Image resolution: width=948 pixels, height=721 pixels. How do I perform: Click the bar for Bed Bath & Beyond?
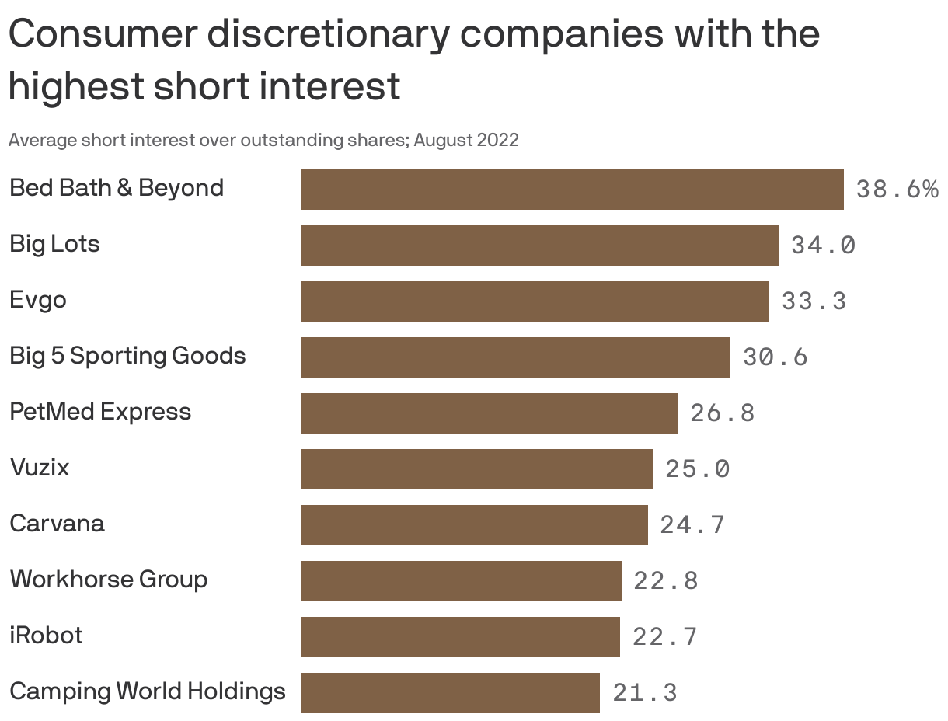coord(572,190)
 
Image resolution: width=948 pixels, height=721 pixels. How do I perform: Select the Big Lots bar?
coord(539,246)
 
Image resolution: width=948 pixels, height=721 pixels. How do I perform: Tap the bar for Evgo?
coord(535,301)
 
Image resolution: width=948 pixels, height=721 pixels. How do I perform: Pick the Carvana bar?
coord(474,525)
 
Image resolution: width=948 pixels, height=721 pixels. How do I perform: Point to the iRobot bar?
coord(460,637)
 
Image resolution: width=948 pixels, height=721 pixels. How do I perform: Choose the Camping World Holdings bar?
coord(450,693)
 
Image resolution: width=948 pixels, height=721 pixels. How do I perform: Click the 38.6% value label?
coord(897,190)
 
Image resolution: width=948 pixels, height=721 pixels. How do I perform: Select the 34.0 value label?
coord(823,246)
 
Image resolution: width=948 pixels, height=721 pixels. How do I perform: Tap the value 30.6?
coord(775,357)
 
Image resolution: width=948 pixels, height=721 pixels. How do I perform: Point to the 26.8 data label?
coord(722,413)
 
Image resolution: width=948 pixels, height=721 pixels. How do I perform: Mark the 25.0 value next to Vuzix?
coord(697,469)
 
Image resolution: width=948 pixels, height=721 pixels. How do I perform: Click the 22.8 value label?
coord(666,581)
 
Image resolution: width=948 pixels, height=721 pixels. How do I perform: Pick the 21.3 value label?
coord(645,693)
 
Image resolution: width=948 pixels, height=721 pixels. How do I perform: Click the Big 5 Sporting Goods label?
coord(127,356)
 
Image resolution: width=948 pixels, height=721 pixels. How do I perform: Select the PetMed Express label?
coord(100,412)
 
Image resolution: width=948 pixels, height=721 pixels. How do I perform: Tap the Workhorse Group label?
coord(108,580)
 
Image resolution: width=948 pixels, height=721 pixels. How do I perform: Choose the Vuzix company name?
coord(40,468)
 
